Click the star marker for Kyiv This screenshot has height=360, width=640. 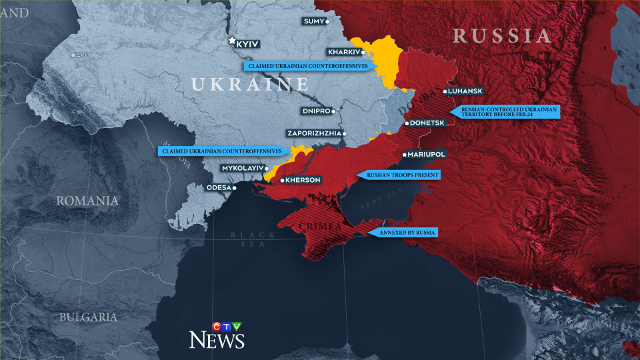pos(232,41)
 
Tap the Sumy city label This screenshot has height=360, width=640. pos(313,21)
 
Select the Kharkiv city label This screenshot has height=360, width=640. pos(343,52)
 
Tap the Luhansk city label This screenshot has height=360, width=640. pos(466,91)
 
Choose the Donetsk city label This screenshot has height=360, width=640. pos(427,123)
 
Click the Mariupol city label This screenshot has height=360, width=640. pos(426,155)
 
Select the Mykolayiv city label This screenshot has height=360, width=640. pos(243,169)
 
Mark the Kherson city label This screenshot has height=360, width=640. pos(303,180)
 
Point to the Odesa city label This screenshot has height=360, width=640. pos(218,188)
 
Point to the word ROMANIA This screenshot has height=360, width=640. pos(87,201)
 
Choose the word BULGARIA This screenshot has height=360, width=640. pos(87,317)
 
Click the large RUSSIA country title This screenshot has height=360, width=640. pos(502,36)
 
